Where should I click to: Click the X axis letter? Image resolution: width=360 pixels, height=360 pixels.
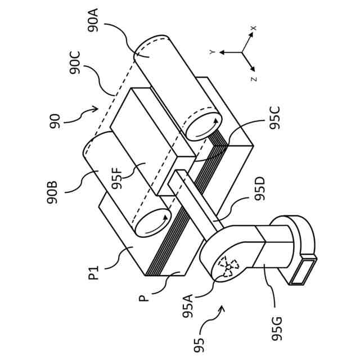click(254, 28)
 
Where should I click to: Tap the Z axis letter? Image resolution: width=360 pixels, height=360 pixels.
click(254, 79)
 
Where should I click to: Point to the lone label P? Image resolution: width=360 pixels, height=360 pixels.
click(145, 294)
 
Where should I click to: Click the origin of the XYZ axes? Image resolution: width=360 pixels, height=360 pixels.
click(242, 52)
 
